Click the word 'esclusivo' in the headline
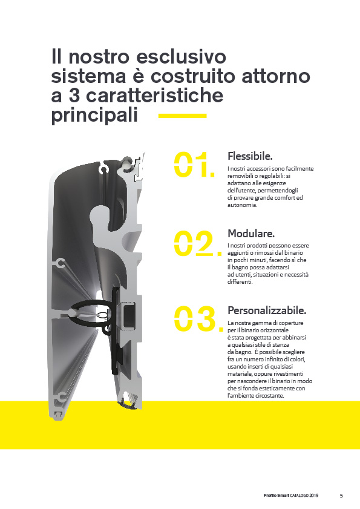click(x=181, y=56)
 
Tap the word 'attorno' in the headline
click(x=276, y=76)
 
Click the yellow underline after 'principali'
click(x=183, y=116)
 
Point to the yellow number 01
click(x=194, y=165)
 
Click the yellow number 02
click(x=198, y=243)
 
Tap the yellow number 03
click(x=198, y=318)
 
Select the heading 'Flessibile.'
click(x=250, y=156)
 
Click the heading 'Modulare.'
click(x=251, y=234)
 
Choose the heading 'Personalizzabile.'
click(x=267, y=310)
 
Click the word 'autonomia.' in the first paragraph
click(x=242, y=205)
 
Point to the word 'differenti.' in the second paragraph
click(x=240, y=282)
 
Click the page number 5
click(x=341, y=496)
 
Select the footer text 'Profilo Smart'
click(x=277, y=496)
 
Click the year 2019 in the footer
click(x=313, y=496)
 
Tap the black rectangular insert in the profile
click(x=129, y=313)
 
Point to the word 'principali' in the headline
click(x=94, y=116)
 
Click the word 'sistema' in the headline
click(x=88, y=76)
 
